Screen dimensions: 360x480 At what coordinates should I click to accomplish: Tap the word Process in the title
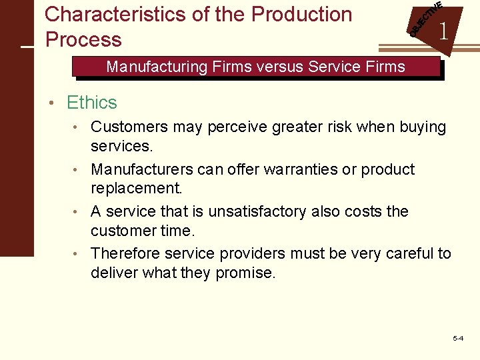[x=83, y=39]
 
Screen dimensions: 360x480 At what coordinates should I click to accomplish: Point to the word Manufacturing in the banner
[x=157, y=67]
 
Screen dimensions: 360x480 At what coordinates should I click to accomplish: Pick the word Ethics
[x=92, y=103]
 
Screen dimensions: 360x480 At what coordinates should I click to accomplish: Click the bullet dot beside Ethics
[x=58, y=103]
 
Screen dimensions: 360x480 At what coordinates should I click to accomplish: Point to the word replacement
[x=136, y=187]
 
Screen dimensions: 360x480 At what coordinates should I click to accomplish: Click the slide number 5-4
[x=458, y=339]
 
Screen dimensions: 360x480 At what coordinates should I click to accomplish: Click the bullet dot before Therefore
[x=78, y=255]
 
